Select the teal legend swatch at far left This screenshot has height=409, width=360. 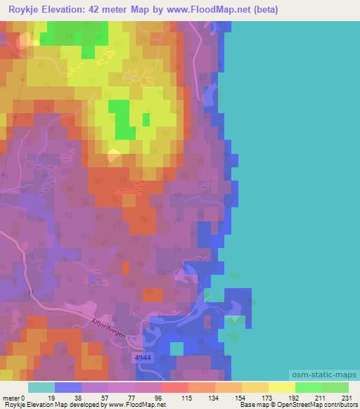pyautogui.click(x=41, y=387)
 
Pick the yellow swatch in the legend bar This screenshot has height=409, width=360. pyautogui.click(x=281, y=387)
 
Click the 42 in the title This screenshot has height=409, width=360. pyautogui.click(x=103, y=10)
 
